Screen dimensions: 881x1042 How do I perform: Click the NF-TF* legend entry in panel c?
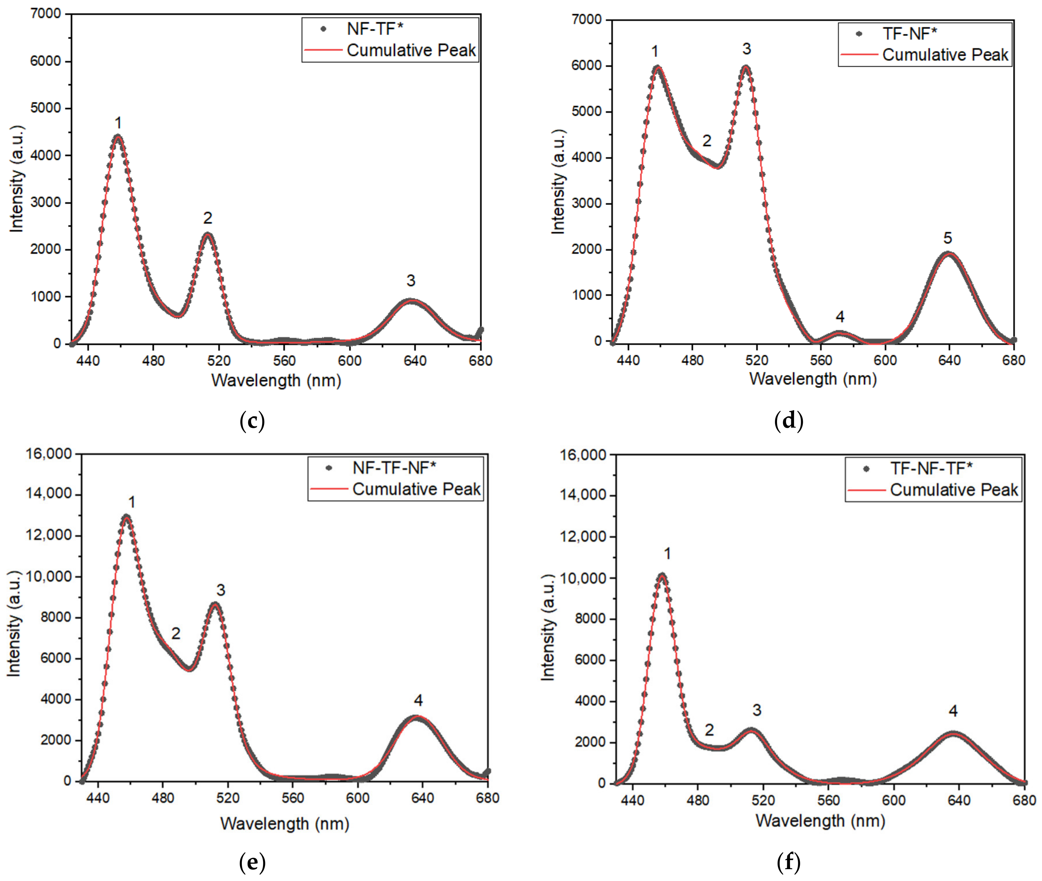(375, 29)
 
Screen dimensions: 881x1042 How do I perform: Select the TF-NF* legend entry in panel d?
(909, 34)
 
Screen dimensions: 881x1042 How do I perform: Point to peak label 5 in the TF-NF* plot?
(948, 238)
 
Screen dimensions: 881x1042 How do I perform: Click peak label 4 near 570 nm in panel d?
(840, 317)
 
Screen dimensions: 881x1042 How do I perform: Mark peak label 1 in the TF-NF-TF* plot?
(667, 553)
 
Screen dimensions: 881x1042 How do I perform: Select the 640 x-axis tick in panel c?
(415, 360)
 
